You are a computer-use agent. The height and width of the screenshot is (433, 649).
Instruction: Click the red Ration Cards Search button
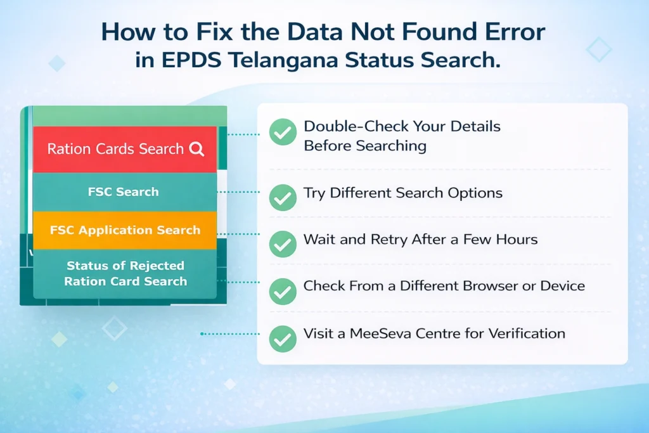coord(125,150)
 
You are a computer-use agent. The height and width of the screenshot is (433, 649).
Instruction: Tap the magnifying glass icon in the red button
coord(196,150)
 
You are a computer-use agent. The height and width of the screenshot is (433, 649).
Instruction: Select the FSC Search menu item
coord(124,192)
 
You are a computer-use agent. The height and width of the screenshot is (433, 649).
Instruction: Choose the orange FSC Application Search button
coord(125,229)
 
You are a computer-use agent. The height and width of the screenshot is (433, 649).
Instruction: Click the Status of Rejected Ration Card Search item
coord(125,273)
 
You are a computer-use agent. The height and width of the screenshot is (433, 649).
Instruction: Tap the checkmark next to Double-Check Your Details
coord(282,133)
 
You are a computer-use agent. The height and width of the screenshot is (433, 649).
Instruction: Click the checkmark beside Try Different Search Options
coord(282,197)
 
